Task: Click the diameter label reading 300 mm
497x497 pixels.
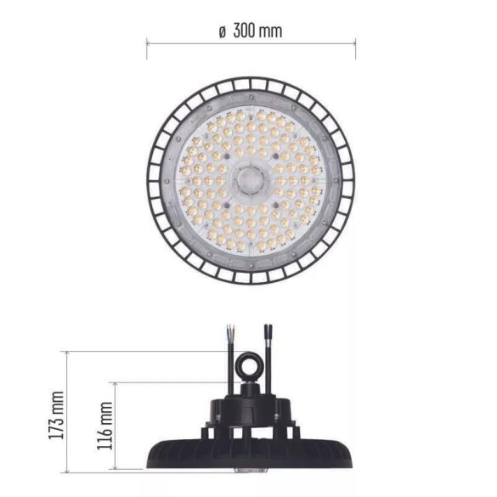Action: click(260, 31)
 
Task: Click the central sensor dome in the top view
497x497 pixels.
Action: click(251, 179)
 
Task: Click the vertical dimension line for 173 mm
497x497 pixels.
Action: click(69, 412)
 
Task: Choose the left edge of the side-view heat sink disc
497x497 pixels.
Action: click(151, 450)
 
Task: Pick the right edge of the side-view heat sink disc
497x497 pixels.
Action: click(352, 450)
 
